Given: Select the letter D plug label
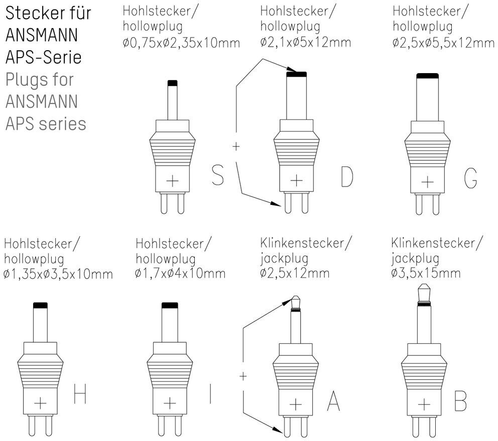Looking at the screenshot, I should pos(346,176).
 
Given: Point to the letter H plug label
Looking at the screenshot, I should pos(80,394).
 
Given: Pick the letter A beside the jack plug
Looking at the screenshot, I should pos(334,400).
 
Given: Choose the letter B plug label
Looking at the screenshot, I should pos(460,400).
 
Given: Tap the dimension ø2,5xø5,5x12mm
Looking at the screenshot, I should pos(444,43).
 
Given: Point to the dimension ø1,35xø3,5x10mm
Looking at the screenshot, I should pos(58,274).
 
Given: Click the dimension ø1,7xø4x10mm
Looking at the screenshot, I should pos(180,274).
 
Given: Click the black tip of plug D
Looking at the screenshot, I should pos(296,75).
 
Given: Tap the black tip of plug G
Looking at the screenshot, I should pos(427,76).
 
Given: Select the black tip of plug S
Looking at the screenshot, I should pos(172,83).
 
